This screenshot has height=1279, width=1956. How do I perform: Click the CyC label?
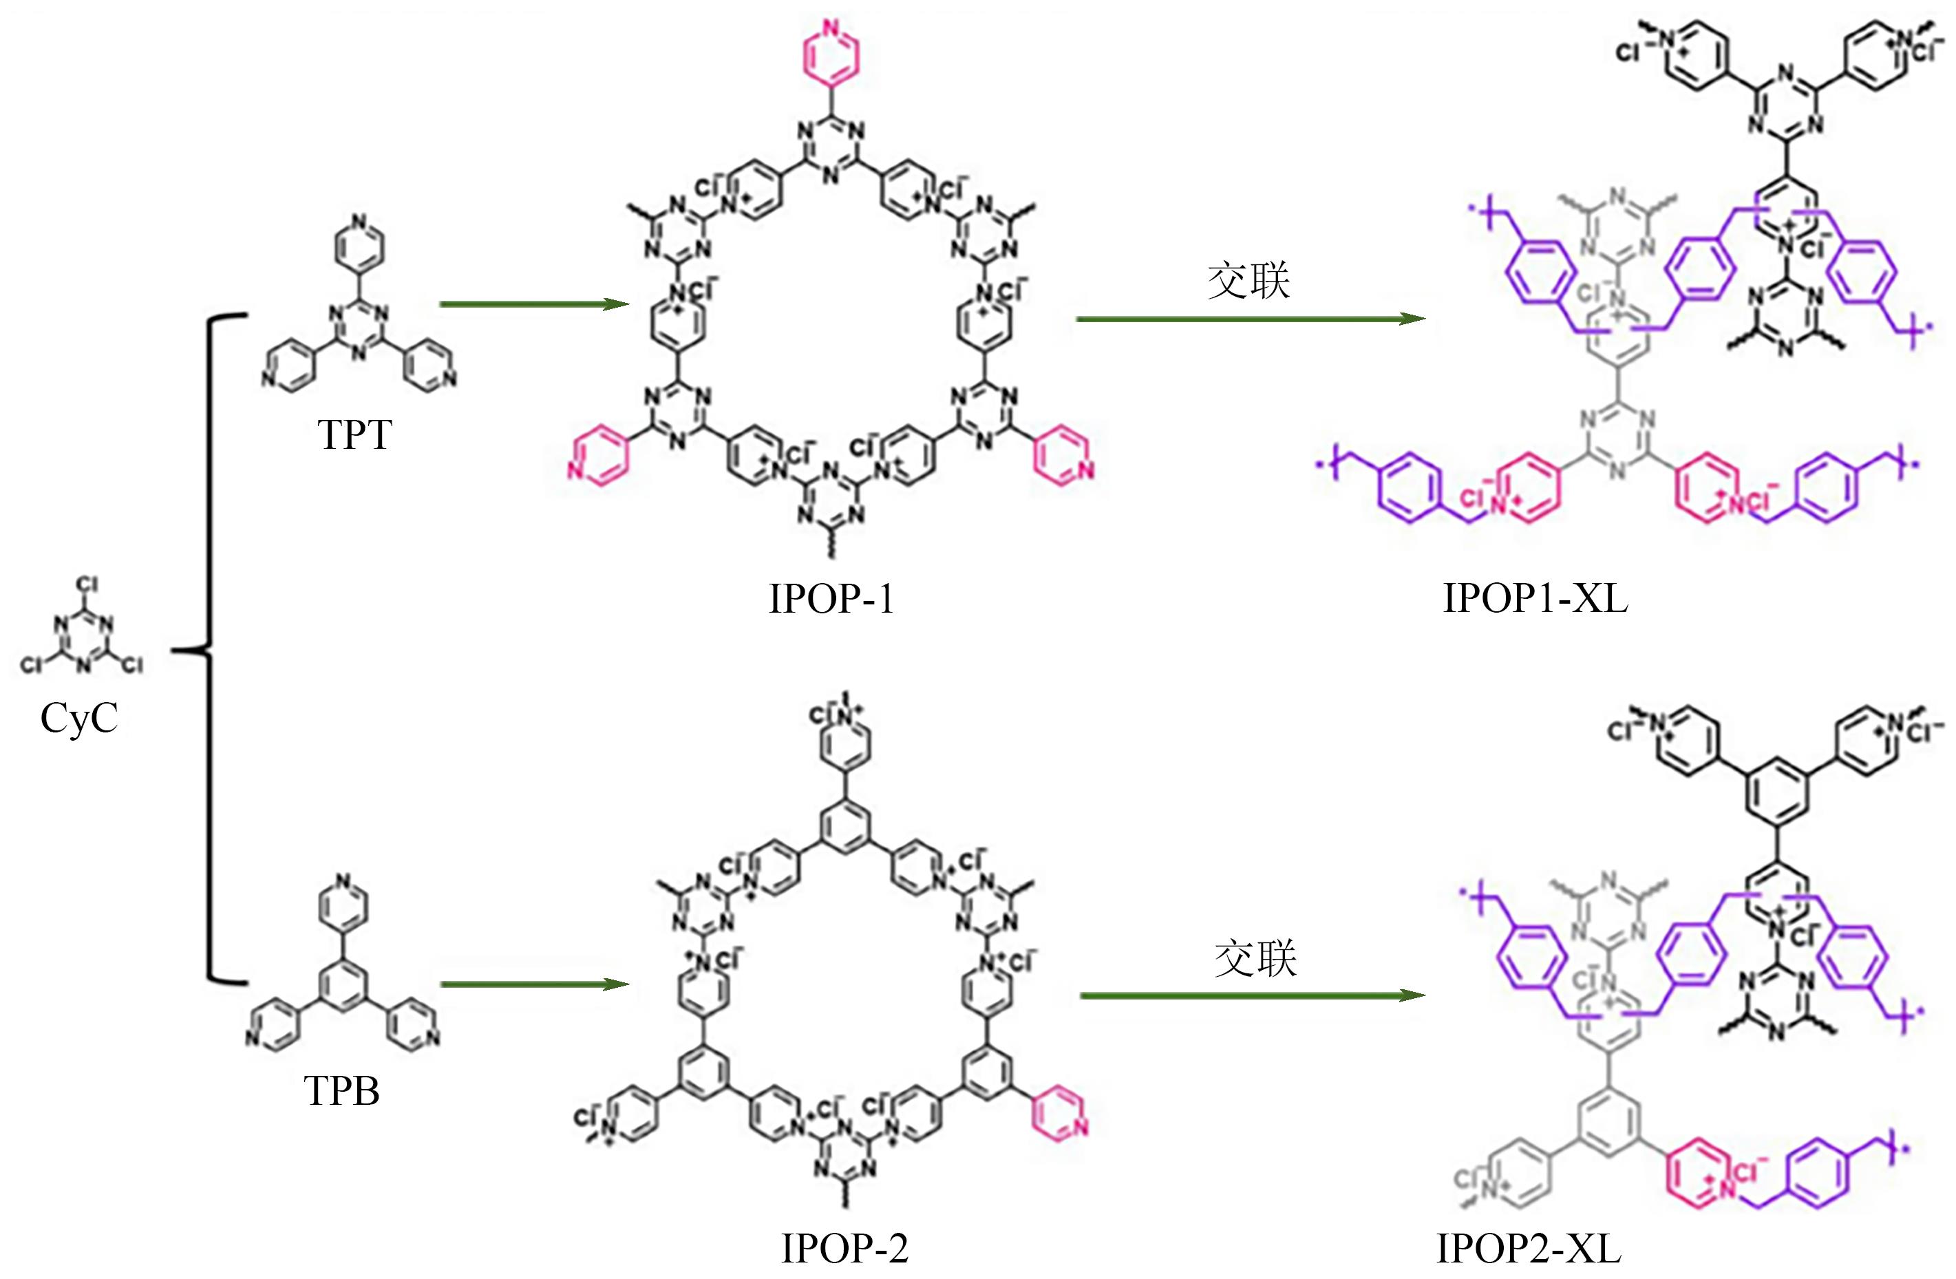click(x=79, y=717)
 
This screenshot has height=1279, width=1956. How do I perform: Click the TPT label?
click(x=355, y=434)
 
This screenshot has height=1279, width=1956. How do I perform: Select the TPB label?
click(x=342, y=1091)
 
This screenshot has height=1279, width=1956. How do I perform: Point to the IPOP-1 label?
click(x=831, y=598)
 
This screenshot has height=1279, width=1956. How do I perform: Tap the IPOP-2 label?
click(x=844, y=1249)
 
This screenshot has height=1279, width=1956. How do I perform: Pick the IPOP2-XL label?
click(x=1529, y=1249)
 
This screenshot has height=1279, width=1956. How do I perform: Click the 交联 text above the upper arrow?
click(x=1248, y=281)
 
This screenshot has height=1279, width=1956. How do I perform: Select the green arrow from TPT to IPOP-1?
click(x=534, y=304)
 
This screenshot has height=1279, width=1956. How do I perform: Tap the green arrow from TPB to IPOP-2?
click(x=534, y=984)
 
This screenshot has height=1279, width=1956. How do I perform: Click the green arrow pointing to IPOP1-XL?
click(x=1249, y=319)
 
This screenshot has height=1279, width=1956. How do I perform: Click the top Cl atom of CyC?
click(x=87, y=585)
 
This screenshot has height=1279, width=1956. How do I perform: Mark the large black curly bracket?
click(x=206, y=649)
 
